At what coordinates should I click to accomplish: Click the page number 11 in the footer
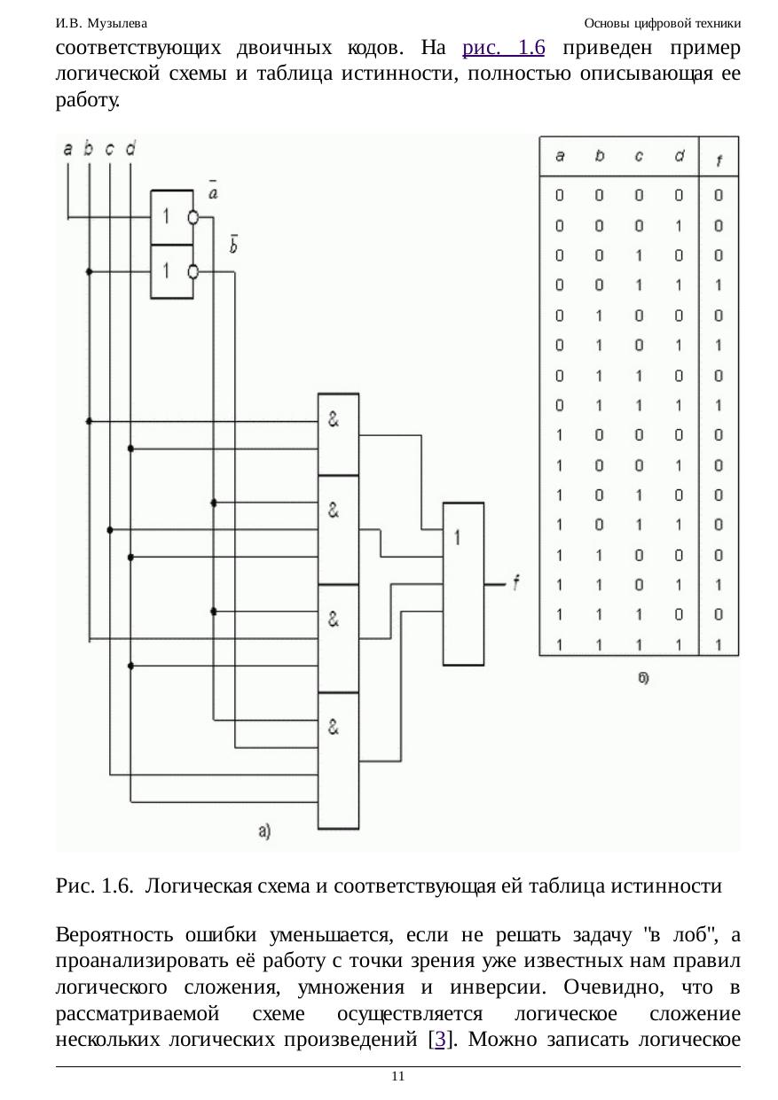point(397,1076)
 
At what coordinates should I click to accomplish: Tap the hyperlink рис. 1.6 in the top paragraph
point(503,48)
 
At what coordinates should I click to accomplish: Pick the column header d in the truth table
point(679,157)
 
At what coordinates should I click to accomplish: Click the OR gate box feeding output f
point(464,582)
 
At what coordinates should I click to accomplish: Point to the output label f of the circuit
point(515,582)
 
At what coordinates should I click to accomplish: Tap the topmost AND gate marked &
point(338,434)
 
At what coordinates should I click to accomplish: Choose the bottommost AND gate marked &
point(338,760)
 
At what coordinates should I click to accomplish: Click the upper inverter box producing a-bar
point(172,217)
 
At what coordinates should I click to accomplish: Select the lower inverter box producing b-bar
point(172,271)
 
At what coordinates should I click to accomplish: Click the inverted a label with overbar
point(214,190)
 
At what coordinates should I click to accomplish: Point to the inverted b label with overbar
point(233,245)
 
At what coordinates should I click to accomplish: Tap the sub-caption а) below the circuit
point(263,831)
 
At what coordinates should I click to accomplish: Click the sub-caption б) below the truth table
point(643,677)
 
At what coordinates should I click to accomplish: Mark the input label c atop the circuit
point(109,149)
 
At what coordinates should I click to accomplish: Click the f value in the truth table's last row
point(718,644)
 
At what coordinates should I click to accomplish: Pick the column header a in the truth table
point(560,157)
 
